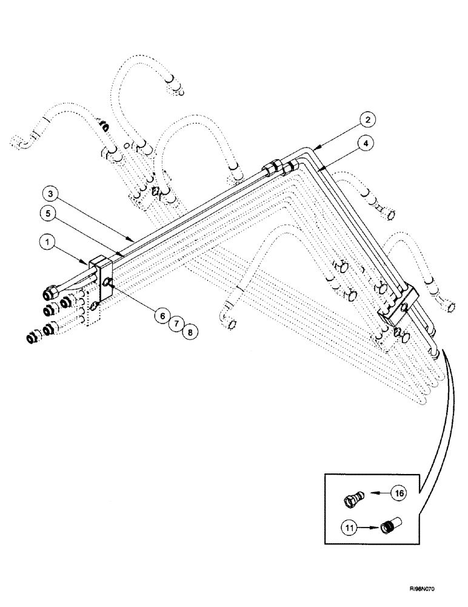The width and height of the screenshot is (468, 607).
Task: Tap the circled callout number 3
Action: coord(52,195)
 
